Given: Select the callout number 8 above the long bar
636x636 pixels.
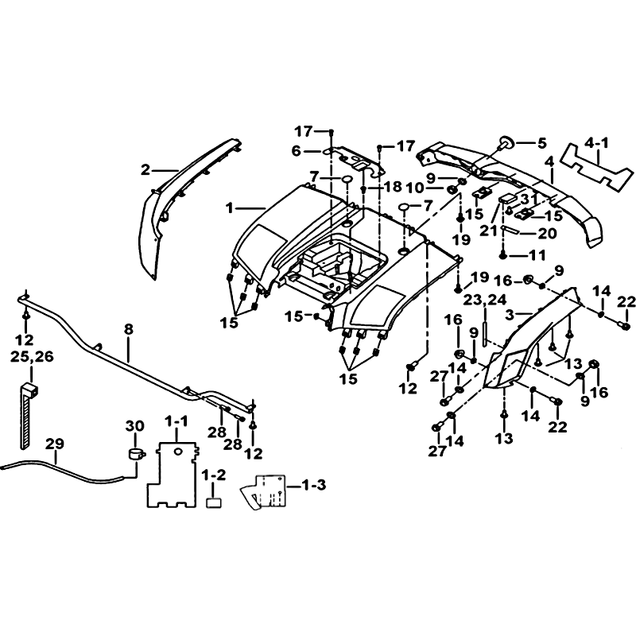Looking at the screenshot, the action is [129, 329].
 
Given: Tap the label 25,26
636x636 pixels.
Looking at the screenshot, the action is [32, 357].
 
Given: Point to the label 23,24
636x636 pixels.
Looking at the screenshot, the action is [485, 301].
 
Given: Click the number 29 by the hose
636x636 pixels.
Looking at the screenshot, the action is [54, 444].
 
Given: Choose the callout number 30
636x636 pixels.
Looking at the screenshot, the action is [134, 426].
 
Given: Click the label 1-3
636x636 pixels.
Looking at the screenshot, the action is [313, 485].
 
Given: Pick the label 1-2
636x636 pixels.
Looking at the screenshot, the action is [213, 475].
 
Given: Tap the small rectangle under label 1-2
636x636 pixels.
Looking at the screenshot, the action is [214, 503].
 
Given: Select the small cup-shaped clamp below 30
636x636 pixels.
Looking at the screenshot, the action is [136, 454].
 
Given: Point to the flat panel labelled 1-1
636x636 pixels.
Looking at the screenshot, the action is [172, 475].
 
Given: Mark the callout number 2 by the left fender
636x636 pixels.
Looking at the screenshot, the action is [145, 170].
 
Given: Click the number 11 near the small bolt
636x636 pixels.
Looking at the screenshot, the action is [537, 255].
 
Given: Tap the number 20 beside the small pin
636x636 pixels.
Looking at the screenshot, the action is [548, 233].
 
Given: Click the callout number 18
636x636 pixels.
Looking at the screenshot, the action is [392, 187].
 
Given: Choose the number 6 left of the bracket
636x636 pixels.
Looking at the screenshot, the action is [297, 152].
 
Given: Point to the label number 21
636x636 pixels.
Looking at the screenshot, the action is [488, 231].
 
